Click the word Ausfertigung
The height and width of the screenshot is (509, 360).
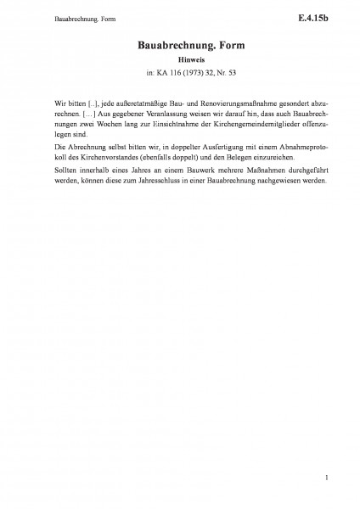[195, 147]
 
